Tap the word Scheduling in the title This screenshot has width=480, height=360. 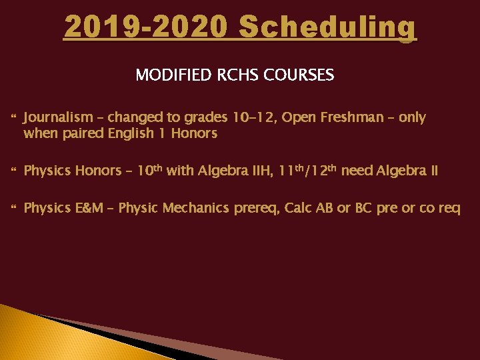(327, 28)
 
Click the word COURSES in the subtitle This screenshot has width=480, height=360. (298, 75)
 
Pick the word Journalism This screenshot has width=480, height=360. (59, 118)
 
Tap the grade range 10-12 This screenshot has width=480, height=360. (253, 118)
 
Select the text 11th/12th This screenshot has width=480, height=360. (307, 170)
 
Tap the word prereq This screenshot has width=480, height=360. (256, 209)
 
